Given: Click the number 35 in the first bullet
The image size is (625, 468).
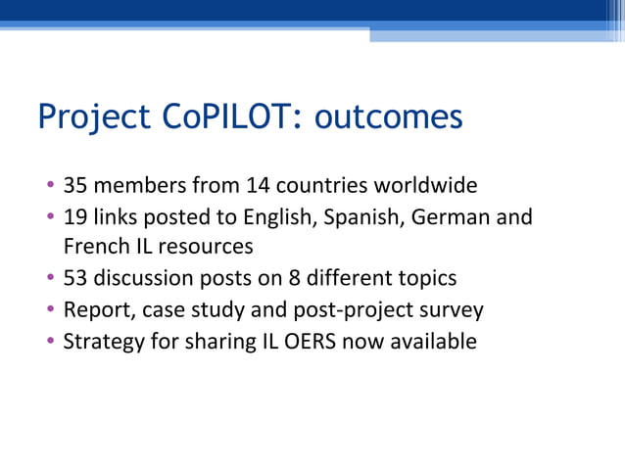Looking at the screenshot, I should [x=74, y=184].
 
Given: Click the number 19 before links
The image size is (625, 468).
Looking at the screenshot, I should [x=74, y=215].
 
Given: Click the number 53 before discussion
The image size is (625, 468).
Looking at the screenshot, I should [x=74, y=278].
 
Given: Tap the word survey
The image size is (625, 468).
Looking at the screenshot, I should [x=453, y=310].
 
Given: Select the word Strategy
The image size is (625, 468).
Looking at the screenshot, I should [x=99, y=342].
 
